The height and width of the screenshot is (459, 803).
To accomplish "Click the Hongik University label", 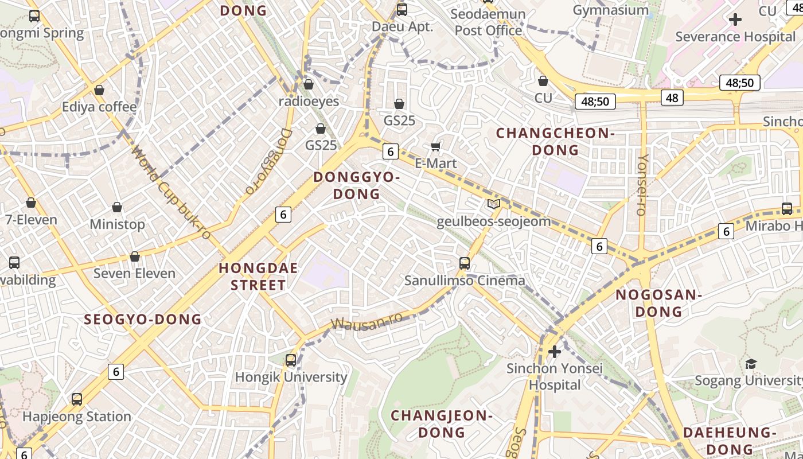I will [x=291, y=377].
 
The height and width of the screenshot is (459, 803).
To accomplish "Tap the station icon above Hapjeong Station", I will [x=77, y=399].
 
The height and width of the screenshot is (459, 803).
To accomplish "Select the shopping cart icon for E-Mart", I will [x=436, y=147].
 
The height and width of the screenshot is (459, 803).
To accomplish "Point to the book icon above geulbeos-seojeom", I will [x=493, y=204].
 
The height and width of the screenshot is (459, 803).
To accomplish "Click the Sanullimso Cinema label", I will [x=465, y=281].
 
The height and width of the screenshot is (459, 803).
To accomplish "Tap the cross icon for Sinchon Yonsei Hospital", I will [x=555, y=351].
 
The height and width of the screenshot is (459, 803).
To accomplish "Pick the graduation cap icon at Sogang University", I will [x=751, y=364].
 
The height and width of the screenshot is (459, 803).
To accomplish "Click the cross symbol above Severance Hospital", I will [x=735, y=20].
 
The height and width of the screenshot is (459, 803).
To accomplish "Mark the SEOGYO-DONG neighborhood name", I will [x=143, y=320].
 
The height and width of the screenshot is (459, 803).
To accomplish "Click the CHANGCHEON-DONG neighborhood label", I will [x=555, y=142].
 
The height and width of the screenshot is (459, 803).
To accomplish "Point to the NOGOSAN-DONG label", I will [x=658, y=304].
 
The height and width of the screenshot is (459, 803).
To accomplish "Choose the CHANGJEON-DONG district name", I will [x=442, y=423].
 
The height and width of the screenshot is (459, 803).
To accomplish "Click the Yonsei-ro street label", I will [x=642, y=184].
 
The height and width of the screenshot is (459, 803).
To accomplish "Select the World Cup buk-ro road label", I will [x=171, y=193].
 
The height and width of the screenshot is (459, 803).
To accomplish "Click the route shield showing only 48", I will [x=672, y=98].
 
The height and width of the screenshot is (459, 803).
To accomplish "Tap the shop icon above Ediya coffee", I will [x=99, y=91].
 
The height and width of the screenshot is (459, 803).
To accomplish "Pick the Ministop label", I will [x=117, y=224].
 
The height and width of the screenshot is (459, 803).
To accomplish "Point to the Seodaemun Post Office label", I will [x=488, y=22].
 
